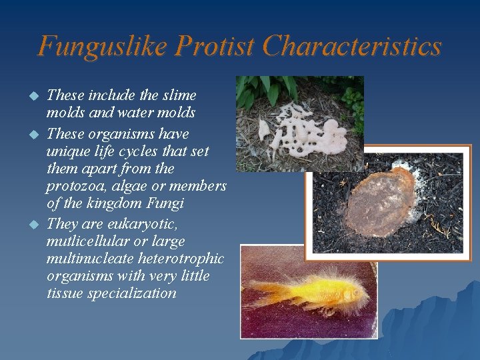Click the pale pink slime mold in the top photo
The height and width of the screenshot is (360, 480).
click(307, 130)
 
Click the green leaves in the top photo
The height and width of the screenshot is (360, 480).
click(267, 90)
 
